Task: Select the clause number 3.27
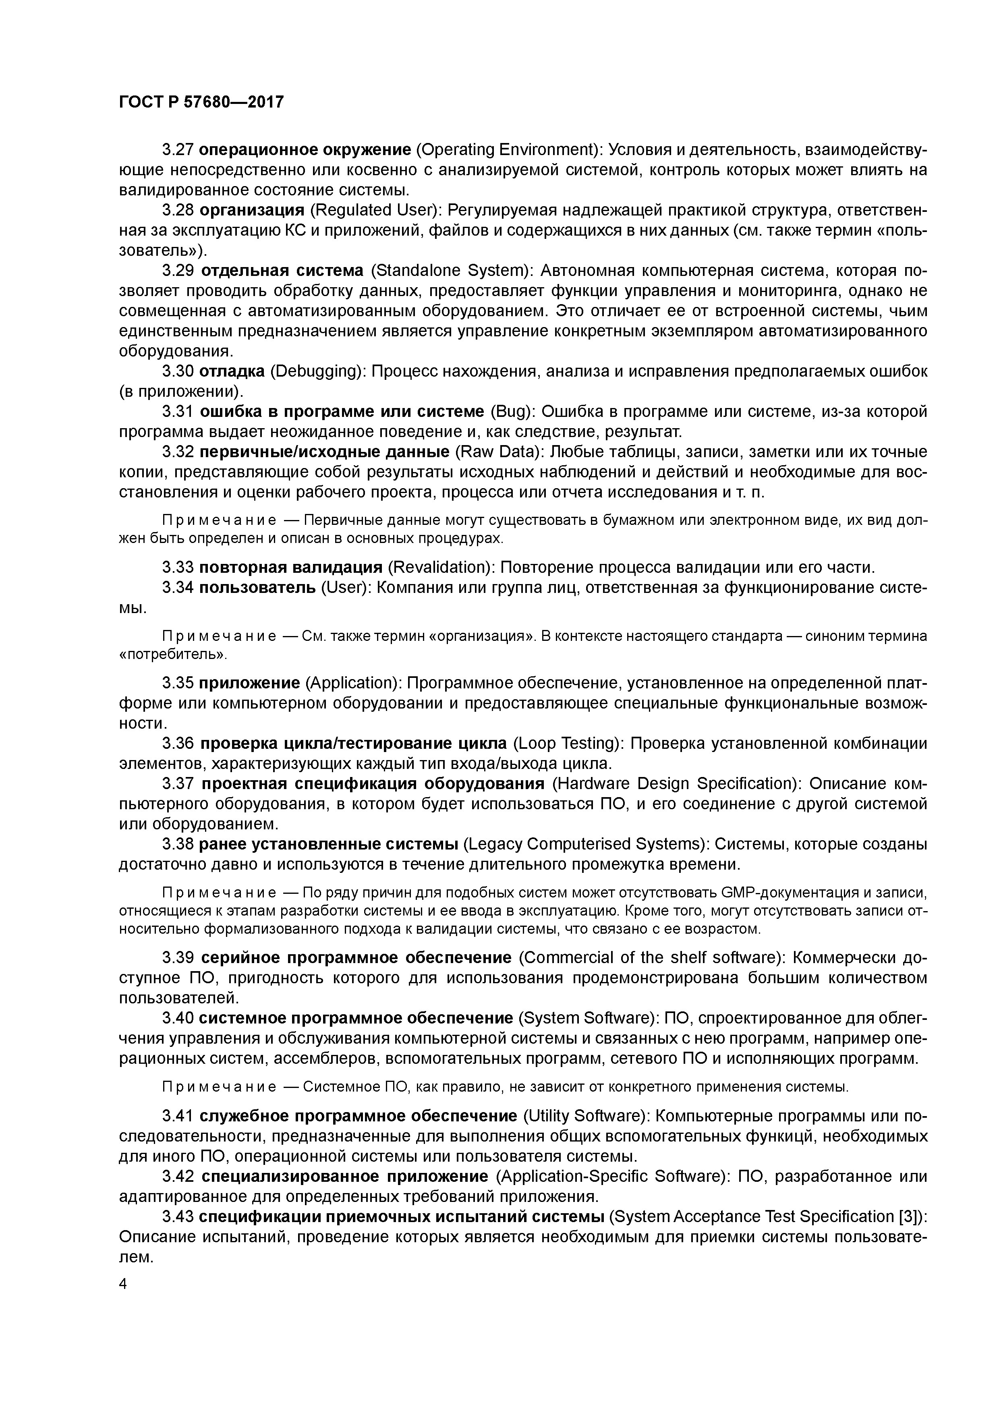coord(178,149)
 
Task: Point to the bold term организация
coord(252,211)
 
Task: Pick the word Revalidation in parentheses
coord(441,567)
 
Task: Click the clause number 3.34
coord(178,587)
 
